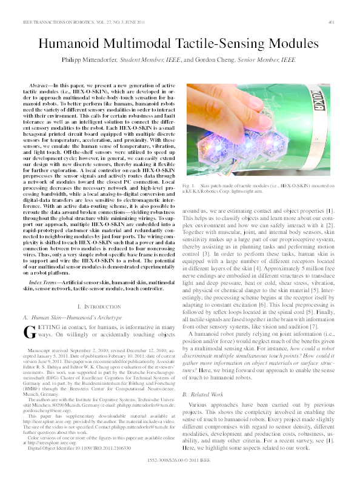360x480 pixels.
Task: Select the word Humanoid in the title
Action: tap(70, 44)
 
